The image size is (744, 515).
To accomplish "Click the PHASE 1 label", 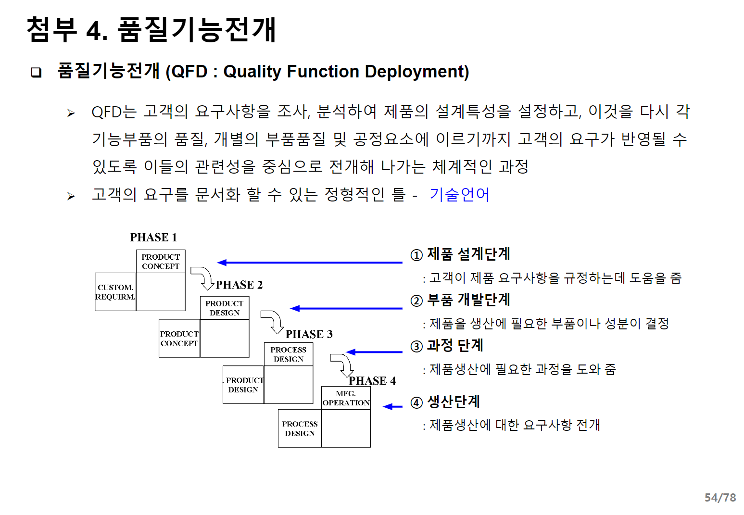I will tap(153, 237).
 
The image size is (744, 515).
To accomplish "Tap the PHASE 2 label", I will tap(239, 285).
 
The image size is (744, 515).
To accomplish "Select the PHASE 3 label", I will tap(309, 334).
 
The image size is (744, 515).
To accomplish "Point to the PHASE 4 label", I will tap(372, 381).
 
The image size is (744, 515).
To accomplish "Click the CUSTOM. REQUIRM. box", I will tap(115, 292).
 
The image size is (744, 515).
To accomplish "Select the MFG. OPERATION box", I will tap(346, 398).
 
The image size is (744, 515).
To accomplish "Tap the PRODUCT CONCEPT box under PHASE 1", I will tap(161, 262).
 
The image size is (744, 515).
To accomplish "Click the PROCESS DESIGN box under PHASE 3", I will tap(289, 354).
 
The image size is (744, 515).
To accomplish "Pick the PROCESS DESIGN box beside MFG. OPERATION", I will tap(300, 428).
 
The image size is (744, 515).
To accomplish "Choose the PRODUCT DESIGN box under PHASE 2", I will tap(225, 308).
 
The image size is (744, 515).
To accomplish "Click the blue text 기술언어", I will tap(459, 195).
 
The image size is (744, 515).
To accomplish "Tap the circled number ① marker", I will tap(416, 255).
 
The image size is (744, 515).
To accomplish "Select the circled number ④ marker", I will tap(416, 402).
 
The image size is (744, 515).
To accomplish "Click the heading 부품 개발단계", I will tap(468, 300).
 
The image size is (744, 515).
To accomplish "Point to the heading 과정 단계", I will tap(455, 345).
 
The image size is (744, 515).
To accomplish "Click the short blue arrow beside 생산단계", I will tap(393, 407).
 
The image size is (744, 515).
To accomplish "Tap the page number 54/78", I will tap(720, 497).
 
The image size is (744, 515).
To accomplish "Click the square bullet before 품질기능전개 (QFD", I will tap(36, 73).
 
